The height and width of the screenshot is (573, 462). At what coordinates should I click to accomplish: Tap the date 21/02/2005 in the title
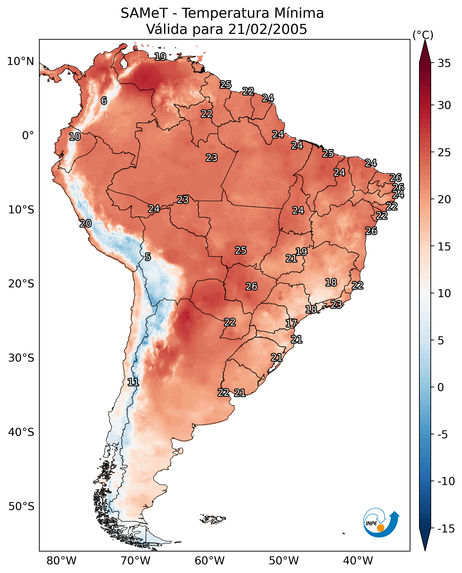268,29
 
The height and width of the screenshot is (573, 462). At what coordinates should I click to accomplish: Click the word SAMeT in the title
144,13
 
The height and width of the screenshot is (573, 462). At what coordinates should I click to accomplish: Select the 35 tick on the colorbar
444,63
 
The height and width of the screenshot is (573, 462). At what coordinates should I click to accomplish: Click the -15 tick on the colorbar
446,529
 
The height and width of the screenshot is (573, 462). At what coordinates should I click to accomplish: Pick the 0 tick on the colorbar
441,387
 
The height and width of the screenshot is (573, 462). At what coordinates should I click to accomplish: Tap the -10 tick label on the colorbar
446,481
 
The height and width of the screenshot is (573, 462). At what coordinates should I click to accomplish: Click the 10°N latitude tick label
21,62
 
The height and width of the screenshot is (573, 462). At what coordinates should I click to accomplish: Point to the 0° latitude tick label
28,136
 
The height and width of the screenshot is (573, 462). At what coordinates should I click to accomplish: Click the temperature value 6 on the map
104,101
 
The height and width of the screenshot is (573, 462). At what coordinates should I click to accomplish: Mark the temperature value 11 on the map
133,382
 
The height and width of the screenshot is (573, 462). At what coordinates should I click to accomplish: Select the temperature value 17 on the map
291,323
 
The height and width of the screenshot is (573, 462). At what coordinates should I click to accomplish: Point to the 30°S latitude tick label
21,358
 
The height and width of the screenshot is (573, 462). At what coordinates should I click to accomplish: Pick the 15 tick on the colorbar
444,247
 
